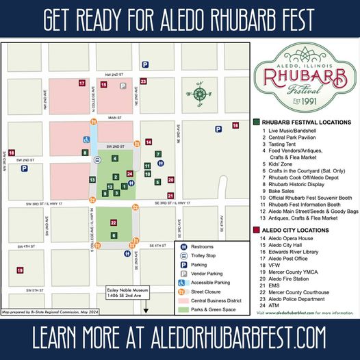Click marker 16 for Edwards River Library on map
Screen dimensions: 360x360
235,125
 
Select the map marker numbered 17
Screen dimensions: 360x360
81,83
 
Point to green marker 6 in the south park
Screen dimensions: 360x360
114,235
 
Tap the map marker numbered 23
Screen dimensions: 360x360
143,81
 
